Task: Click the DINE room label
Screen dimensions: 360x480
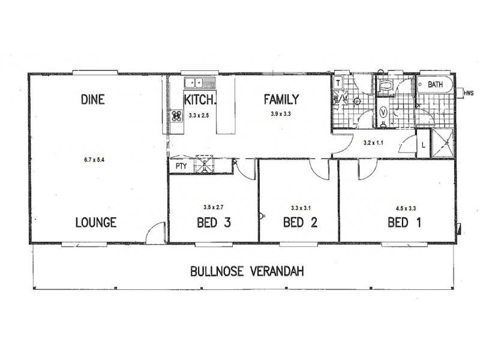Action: [92, 100]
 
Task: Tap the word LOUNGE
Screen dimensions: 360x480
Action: [95, 223]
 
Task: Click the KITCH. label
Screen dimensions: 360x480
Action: [199, 100]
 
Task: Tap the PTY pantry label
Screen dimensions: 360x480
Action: [181, 166]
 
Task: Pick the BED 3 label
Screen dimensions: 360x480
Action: [214, 223]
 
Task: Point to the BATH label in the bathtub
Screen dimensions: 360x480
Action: [435, 85]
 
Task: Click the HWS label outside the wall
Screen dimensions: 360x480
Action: [469, 93]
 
